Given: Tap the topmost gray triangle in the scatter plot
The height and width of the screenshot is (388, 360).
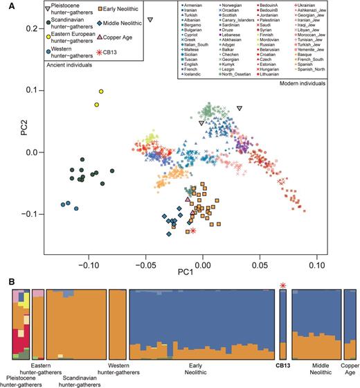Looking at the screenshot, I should point(150,20).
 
